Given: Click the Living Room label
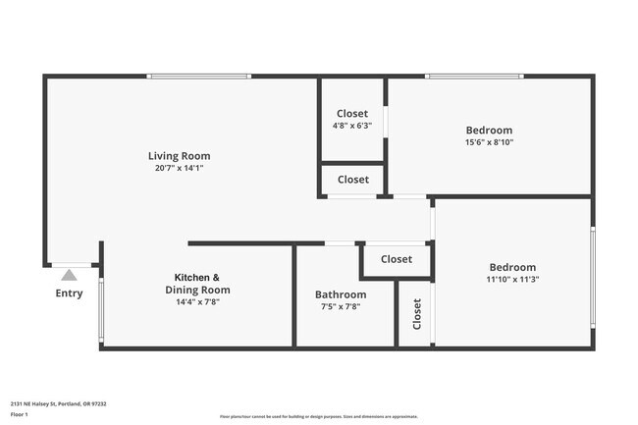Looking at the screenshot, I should click(179, 156).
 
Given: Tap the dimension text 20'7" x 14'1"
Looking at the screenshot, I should click(179, 168).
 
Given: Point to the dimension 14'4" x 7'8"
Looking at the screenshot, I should click(196, 302).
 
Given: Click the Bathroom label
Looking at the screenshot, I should click(341, 294).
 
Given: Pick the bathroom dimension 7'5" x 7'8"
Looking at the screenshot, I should click(341, 306).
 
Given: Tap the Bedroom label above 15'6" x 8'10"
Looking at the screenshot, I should click(489, 131).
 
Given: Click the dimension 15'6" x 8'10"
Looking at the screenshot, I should click(489, 142).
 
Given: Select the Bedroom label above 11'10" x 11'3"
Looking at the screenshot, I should click(512, 267).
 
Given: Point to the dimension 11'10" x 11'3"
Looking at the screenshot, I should click(512, 279).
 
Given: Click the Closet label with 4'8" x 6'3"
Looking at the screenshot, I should click(352, 114).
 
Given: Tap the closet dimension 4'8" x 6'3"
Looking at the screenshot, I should click(352, 126).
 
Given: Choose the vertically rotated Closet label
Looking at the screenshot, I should click(417, 314).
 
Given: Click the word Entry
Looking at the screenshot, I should click(69, 293).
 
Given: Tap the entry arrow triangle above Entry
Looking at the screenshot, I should click(69, 275).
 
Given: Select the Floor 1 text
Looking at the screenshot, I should click(20, 415).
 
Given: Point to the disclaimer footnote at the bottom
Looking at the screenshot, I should click(319, 416).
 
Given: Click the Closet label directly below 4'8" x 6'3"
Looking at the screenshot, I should click(353, 180).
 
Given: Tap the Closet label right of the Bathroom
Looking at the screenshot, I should click(397, 259).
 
